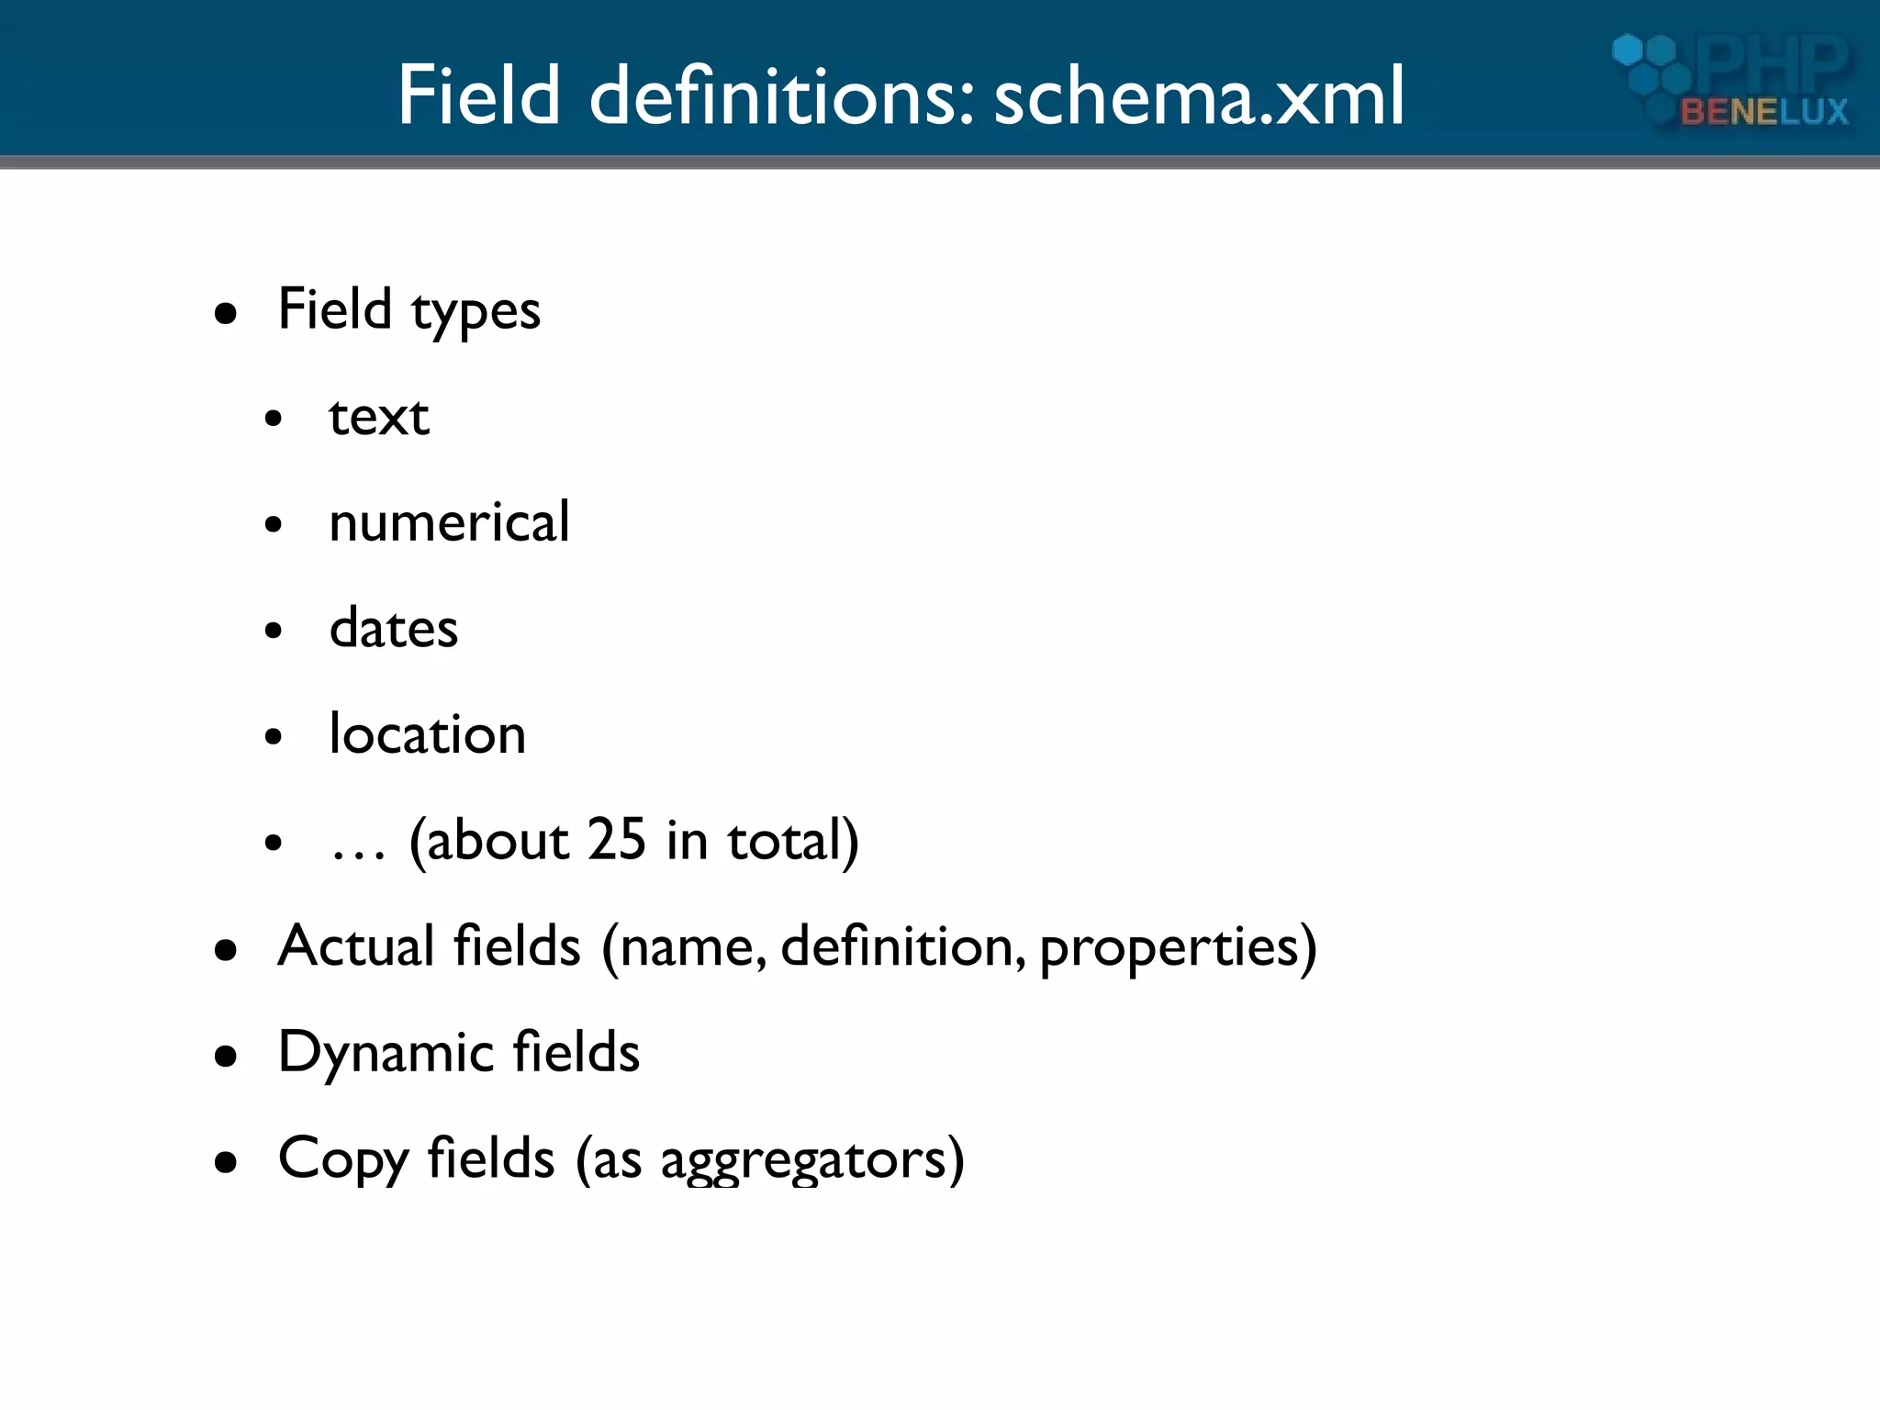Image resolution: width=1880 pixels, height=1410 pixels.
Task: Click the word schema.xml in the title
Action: (1199, 95)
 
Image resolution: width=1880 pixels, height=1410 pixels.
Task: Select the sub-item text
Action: (378, 418)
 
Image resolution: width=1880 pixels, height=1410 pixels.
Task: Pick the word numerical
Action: (449, 523)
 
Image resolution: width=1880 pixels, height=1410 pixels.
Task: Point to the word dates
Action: (393, 629)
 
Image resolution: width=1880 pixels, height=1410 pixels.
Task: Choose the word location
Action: (427, 734)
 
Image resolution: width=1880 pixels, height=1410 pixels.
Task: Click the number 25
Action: (616, 840)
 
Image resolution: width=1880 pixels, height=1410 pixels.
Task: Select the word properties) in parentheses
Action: (1178, 947)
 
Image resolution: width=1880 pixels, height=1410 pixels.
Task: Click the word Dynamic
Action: (381, 1053)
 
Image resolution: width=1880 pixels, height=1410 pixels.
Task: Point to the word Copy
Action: (343, 1159)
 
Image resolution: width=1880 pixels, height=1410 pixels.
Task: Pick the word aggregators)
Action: (812, 1159)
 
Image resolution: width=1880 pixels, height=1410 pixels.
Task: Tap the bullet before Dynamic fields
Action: (226, 1057)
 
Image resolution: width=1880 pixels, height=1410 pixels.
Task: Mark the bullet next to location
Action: (273, 737)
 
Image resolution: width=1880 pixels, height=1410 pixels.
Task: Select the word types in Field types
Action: (476, 312)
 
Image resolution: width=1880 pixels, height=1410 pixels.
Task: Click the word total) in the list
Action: (793, 840)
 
